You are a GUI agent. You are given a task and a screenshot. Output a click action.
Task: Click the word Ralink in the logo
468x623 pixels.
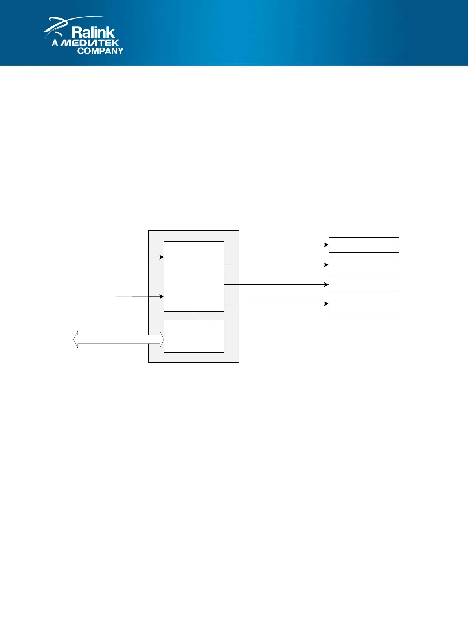coord(93,33)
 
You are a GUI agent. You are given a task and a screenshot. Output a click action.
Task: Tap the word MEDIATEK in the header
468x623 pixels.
coord(90,43)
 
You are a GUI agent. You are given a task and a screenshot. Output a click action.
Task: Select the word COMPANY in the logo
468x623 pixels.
coord(100,51)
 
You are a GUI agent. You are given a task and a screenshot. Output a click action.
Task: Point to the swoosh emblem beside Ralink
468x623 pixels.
coord(59,26)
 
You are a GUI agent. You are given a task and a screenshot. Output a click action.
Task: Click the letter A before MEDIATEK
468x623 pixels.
coord(55,43)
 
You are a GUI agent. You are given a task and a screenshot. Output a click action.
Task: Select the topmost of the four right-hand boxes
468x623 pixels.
coord(363,245)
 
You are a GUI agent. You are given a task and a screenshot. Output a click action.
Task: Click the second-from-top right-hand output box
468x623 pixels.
coord(363,264)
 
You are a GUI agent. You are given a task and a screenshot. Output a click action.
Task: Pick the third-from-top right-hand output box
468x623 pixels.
coord(363,284)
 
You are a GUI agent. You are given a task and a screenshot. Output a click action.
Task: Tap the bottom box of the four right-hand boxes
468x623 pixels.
coord(363,304)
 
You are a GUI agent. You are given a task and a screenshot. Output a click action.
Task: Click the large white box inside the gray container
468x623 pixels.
coord(194,276)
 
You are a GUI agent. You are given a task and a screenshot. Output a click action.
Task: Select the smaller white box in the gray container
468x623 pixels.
coord(194,336)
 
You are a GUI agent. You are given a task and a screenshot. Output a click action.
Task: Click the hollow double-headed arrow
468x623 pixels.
coord(118,339)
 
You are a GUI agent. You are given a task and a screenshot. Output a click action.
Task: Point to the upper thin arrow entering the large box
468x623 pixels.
coord(118,257)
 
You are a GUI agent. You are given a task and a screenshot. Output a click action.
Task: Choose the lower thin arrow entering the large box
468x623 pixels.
coord(118,297)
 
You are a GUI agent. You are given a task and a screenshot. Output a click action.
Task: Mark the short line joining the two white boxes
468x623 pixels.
coord(194,315)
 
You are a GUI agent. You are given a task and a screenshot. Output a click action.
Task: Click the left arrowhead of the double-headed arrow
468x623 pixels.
coord(76,339)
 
